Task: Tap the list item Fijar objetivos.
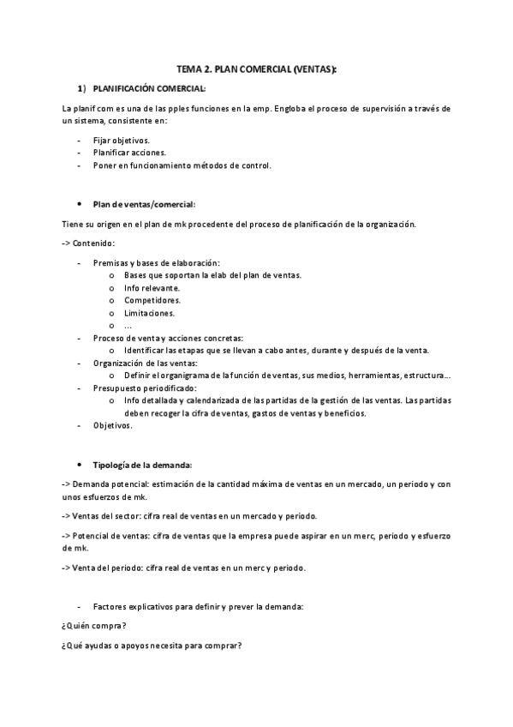121,140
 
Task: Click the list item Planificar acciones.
129,153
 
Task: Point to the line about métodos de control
182,165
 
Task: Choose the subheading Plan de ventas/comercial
144,204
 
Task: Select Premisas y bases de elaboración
156,262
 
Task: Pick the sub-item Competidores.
152,300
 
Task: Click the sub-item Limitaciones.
149,313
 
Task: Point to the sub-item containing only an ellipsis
128,326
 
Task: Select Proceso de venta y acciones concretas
168,338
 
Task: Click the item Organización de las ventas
145,363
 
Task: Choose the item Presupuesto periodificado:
145,388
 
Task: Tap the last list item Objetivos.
112,425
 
